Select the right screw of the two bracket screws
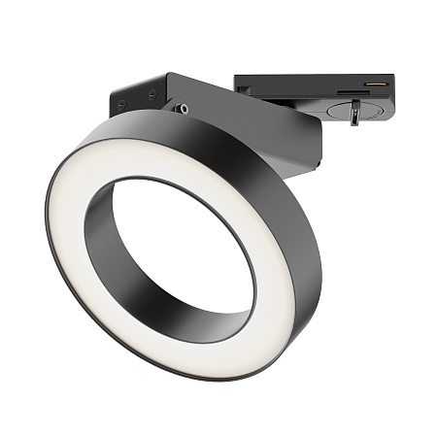151,93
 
